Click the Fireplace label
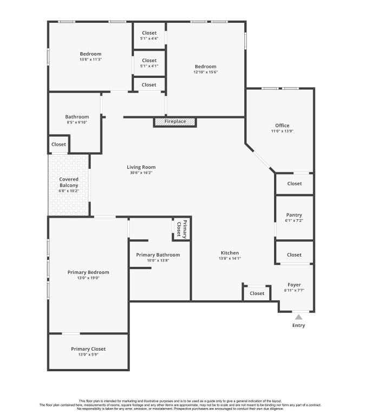(175, 122)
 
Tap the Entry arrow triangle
(298, 317)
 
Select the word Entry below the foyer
(298, 326)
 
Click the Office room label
(282, 126)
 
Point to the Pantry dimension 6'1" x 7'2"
(294, 221)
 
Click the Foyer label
(294, 285)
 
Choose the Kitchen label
(230, 253)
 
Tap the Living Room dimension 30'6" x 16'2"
(141, 173)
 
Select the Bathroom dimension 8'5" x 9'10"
(77, 122)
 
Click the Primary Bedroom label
(88, 272)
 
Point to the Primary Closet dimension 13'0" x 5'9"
(88, 354)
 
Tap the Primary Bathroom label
(158, 255)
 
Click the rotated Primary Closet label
(181, 229)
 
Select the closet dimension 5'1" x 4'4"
(149, 39)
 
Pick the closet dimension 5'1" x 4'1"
(149, 66)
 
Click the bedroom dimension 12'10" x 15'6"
(206, 72)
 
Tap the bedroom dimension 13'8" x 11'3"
(90, 60)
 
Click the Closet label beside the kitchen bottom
(257, 293)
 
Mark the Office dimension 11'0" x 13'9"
(282, 131)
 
